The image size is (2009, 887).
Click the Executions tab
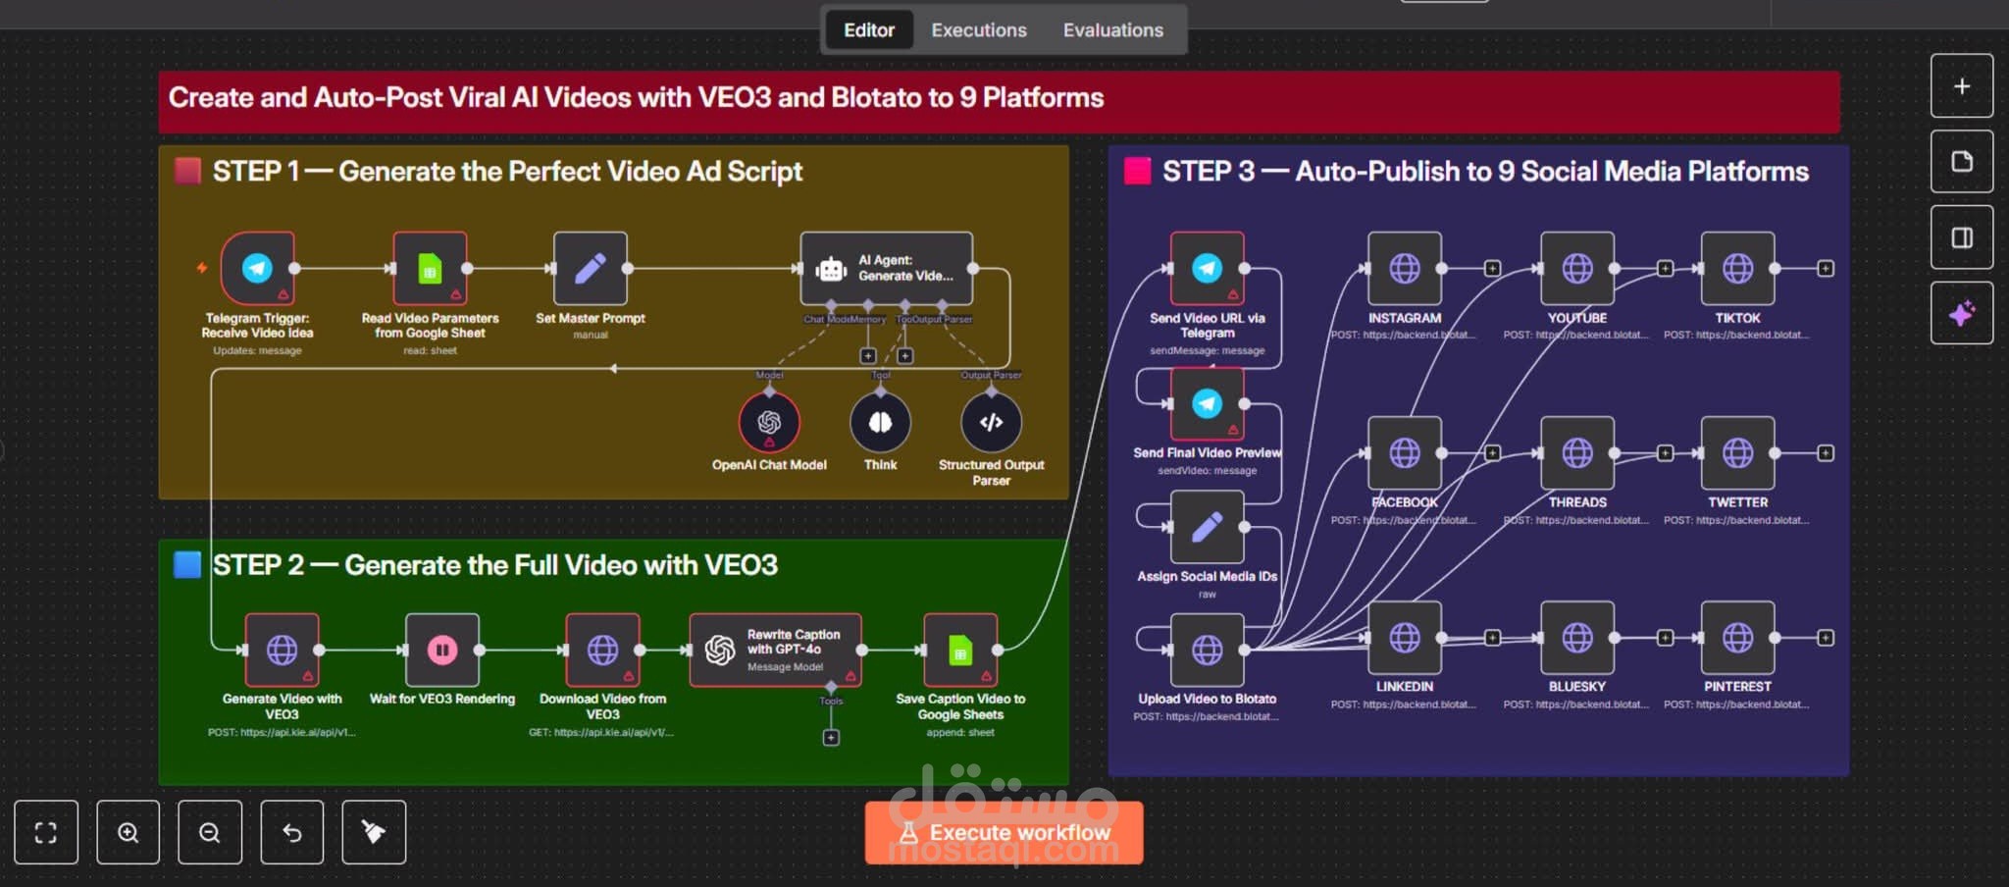point(978,30)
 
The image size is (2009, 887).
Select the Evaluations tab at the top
point(1112,30)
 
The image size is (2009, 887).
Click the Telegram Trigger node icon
point(257,268)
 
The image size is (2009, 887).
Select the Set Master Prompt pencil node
point(590,268)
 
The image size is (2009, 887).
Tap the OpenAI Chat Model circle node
point(769,422)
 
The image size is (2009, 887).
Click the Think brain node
point(880,422)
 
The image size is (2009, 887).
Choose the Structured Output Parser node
point(991,422)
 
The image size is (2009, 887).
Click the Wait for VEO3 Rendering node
point(442,650)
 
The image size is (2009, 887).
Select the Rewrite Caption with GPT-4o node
point(775,650)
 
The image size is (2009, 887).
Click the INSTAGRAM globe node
point(1404,268)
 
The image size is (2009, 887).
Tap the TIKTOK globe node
point(1737,268)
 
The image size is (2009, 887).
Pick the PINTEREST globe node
point(1737,638)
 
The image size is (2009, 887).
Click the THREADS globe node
point(1576,452)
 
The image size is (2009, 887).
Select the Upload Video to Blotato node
point(1207,650)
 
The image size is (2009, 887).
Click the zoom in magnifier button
point(128,832)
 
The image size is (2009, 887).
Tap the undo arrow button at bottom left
point(291,832)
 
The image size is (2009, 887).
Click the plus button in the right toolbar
point(1961,86)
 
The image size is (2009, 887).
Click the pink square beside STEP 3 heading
point(1137,171)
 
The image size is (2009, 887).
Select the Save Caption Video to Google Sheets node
point(960,650)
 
